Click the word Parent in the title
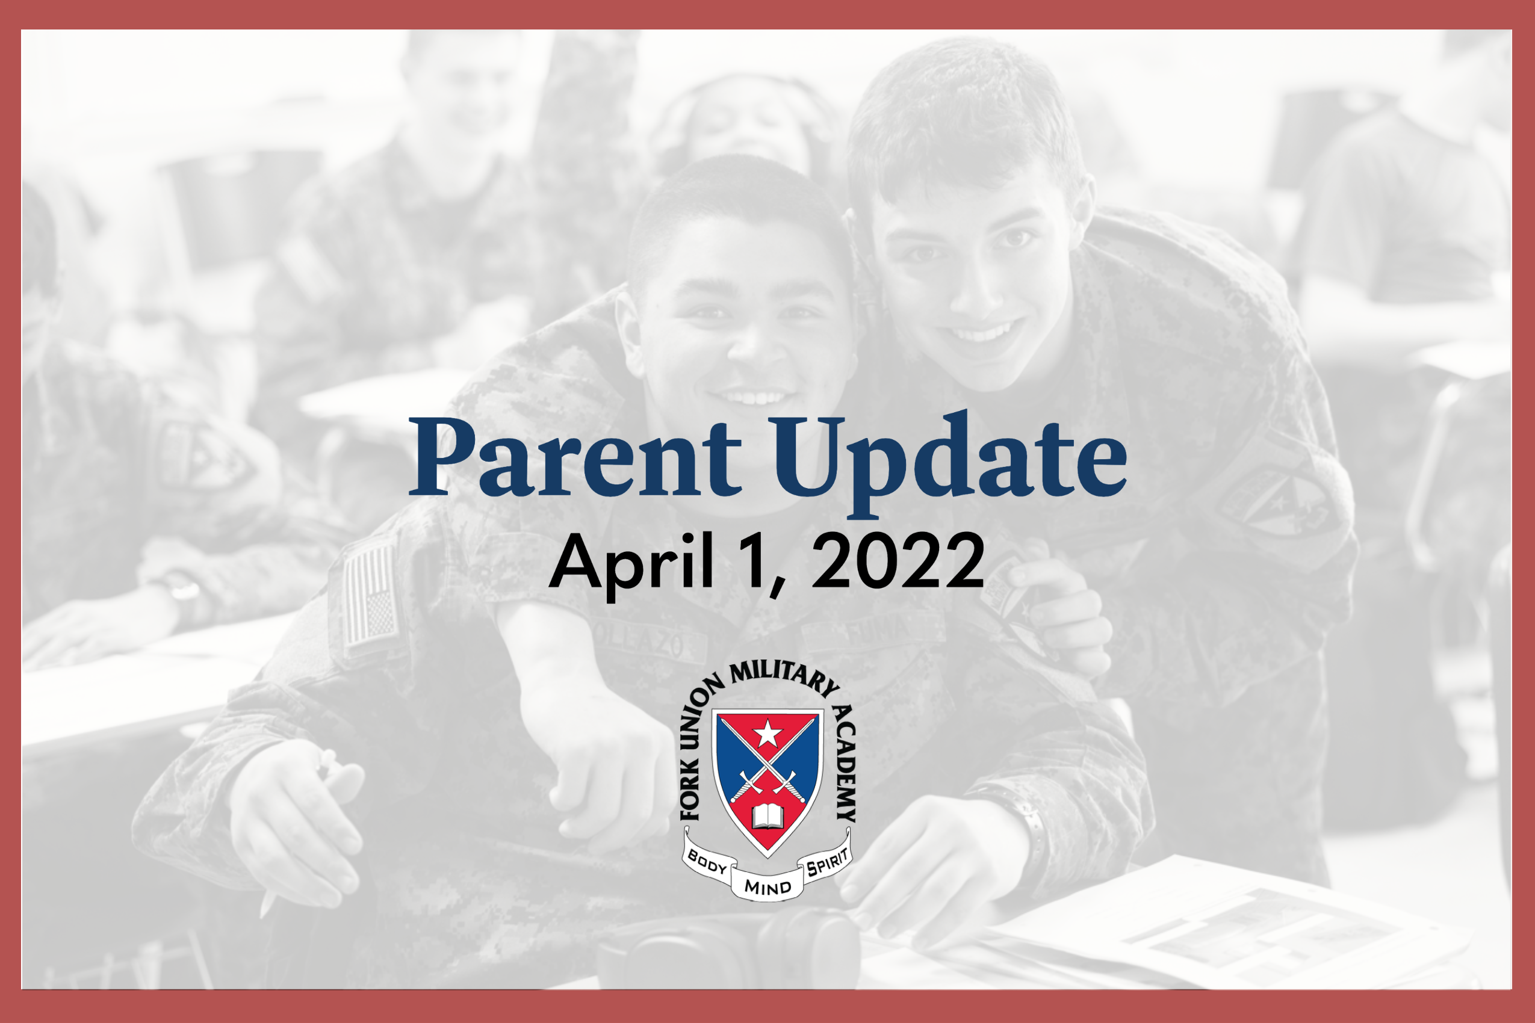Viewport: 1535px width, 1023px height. (x=575, y=457)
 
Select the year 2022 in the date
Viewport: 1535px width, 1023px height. (x=898, y=560)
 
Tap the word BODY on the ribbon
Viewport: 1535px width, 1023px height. (x=707, y=863)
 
